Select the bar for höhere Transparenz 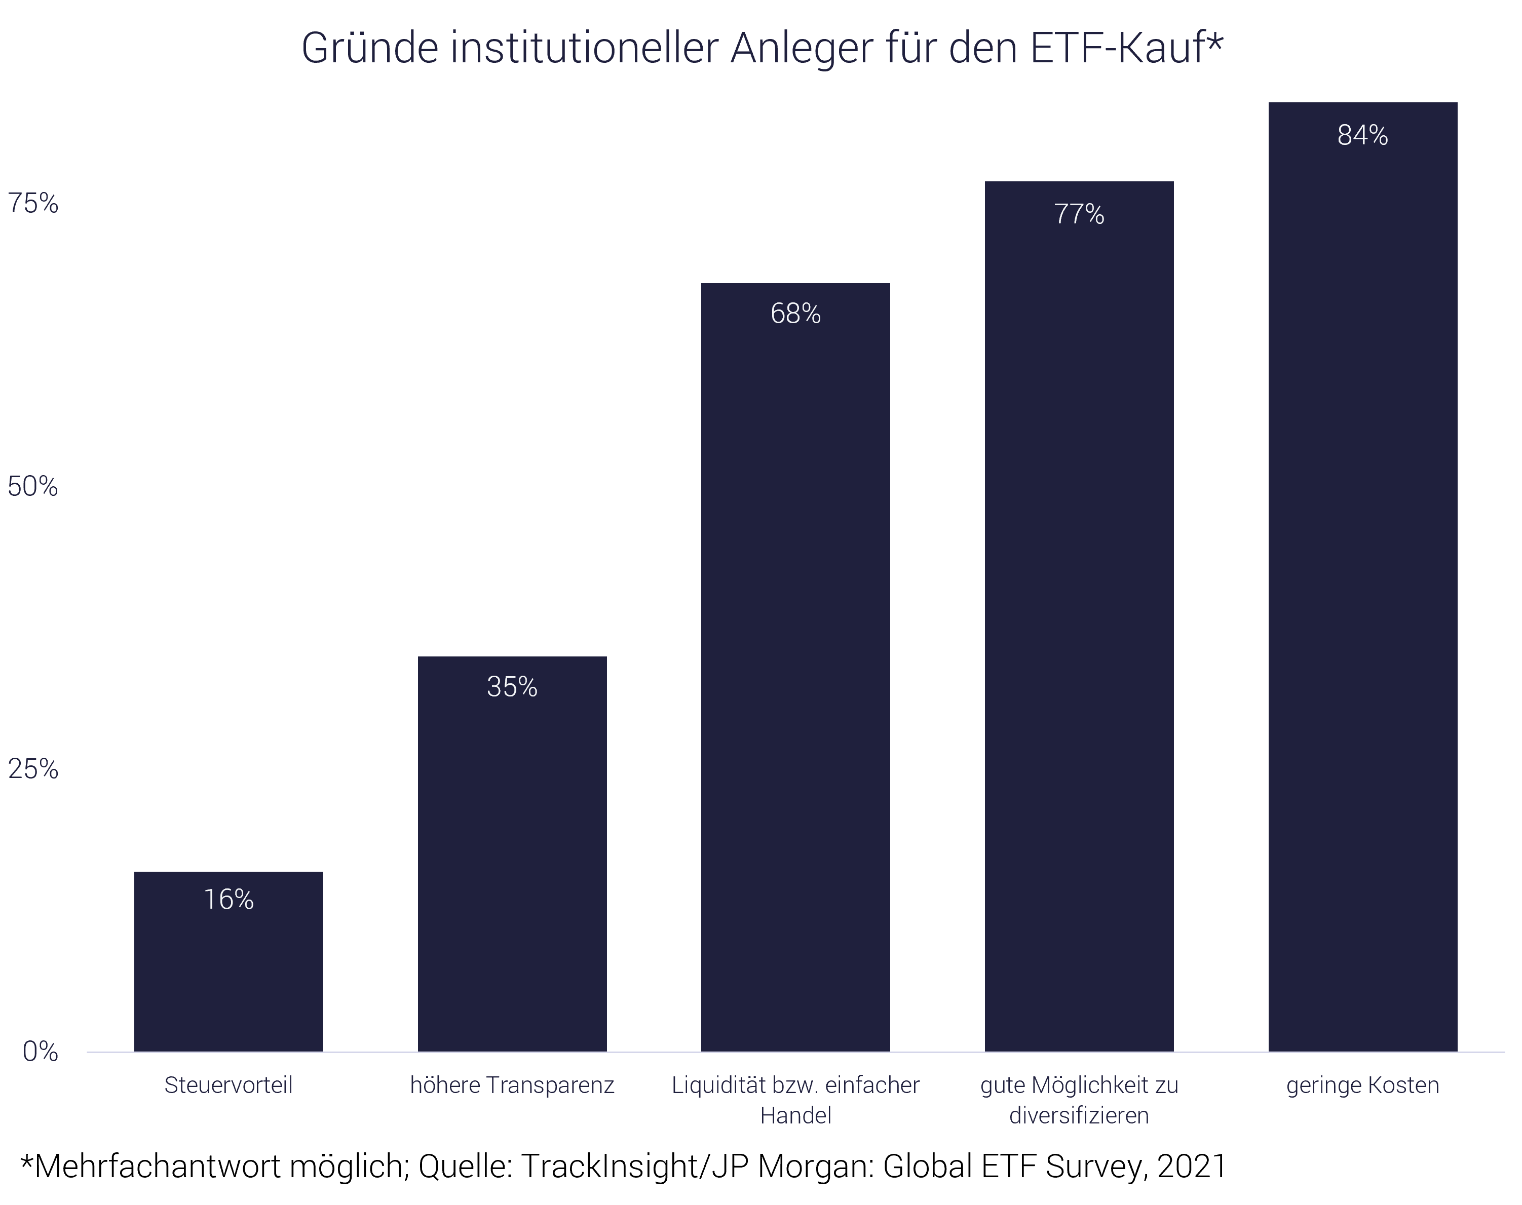pyautogui.click(x=512, y=868)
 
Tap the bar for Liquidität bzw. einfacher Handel pyautogui.click(x=795, y=677)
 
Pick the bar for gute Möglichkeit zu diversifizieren pyautogui.click(x=1079, y=628)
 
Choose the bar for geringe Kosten pyautogui.click(x=1362, y=586)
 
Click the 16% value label pyautogui.click(x=229, y=900)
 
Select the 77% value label pyautogui.click(x=1079, y=214)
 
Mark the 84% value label pyautogui.click(x=1362, y=135)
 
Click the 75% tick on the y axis pyautogui.click(x=32, y=204)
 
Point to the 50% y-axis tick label pyautogui.click(x=32, y=487)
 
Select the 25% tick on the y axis pyautogui.click(x=32, y=769)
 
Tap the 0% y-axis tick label pyautogui.click(x=40, y=1052)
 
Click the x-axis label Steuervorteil pyautogui.click(x=229, y=1085)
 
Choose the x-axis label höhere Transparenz pyautogui.click(x=512, y=1085)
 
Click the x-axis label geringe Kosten pyautogui.click(x=1362, y=1085)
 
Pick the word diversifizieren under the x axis pyautogui.click(x=1079, y=1115)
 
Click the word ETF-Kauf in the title pyautogui.click(x=1125, y=48)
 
